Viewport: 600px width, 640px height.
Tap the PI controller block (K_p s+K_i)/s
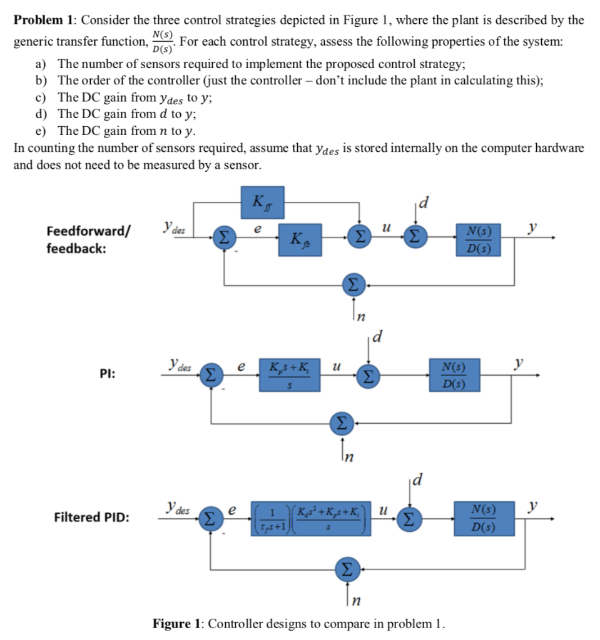point(290,374)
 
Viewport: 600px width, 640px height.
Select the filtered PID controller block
point(312,517)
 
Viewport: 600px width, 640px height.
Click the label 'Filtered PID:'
point(93,517)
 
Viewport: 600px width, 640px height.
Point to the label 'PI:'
point(106,374)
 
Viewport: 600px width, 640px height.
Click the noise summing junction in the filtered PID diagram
point(346,569)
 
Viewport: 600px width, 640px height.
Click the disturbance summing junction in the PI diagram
point(369,376)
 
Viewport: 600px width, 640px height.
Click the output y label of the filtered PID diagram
point(532,505)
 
